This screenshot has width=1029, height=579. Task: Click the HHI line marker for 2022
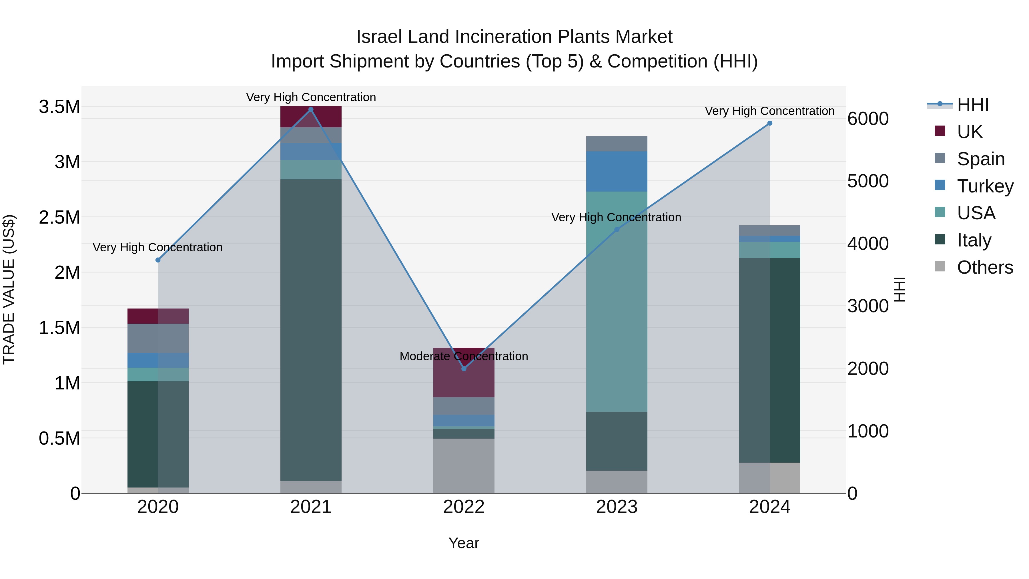click(464, 369)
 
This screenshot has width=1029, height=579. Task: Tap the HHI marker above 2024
click(770, 123)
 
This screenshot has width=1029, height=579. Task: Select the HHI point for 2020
click(158, 260)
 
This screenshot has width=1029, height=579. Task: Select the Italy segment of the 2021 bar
click(311, 330)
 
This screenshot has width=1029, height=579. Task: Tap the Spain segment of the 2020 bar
click(158, 338)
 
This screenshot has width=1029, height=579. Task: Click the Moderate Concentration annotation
click(464, 356)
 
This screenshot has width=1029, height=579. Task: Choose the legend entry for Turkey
click(985, 186)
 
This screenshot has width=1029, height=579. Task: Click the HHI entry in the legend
click(973, 105)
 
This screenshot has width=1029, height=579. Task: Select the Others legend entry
click(985, 267)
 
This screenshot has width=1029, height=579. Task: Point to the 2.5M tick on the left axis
click(59, 217)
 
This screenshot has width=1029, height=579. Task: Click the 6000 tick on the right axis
click(868, 119)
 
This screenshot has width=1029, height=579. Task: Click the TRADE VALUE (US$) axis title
click(9, 289)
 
